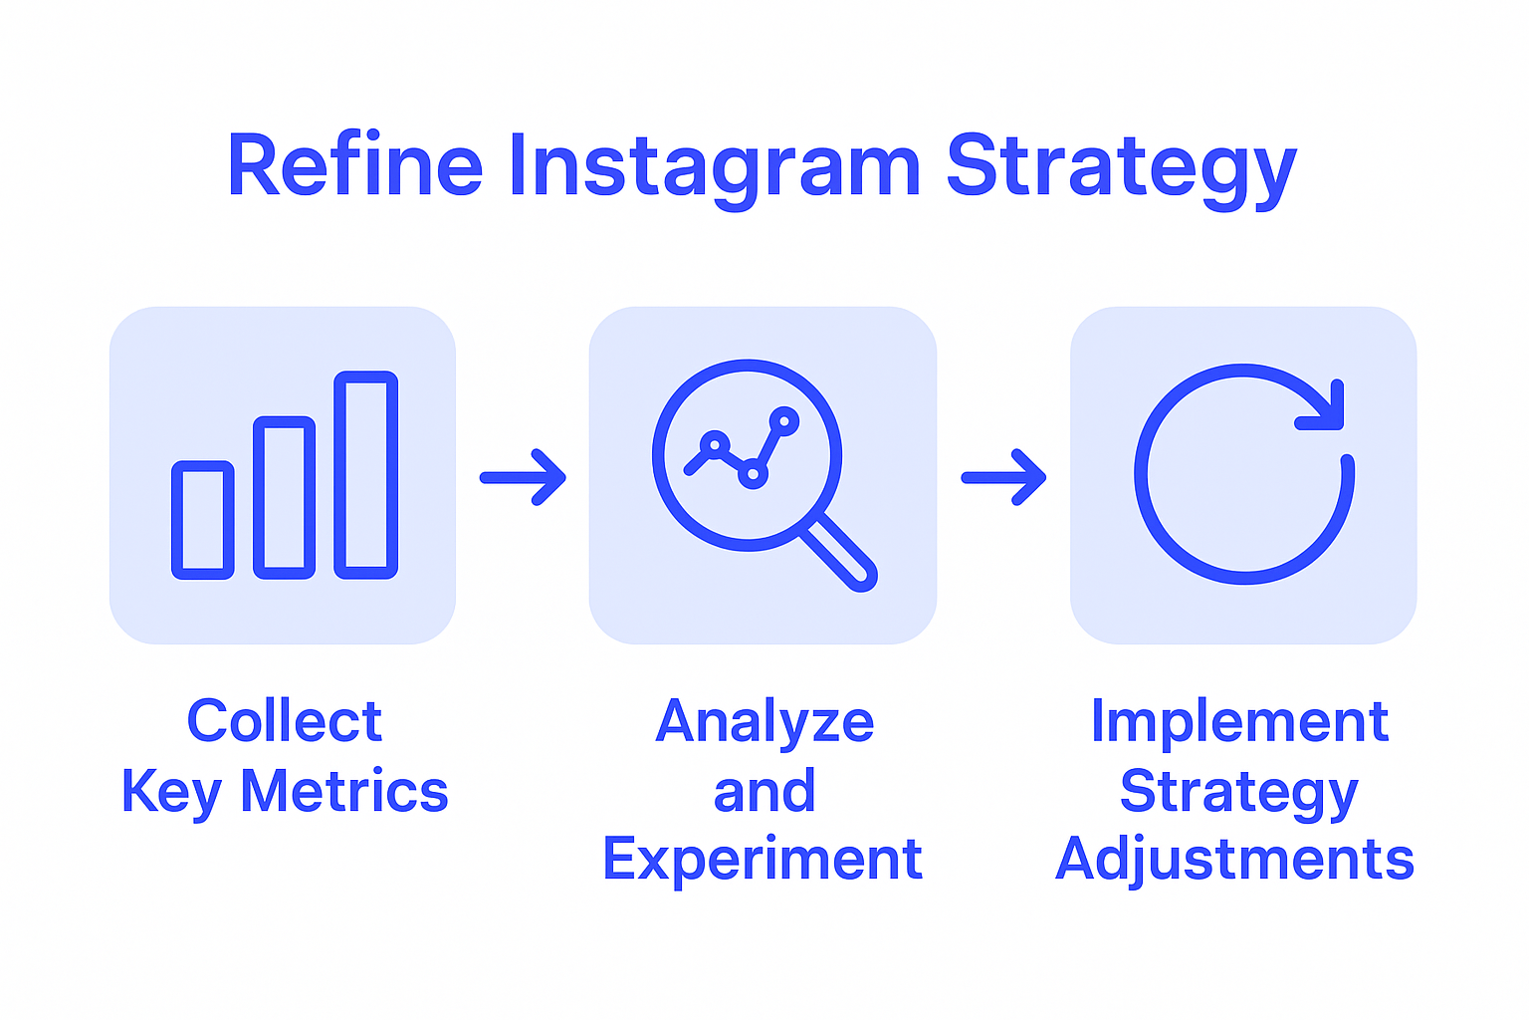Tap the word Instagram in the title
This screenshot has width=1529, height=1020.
pos(714,167)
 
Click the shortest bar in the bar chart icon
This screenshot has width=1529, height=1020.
pos(203,520)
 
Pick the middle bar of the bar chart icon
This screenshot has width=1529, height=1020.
pos(285,497)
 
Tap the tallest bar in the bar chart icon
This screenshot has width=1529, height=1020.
pos(366,475)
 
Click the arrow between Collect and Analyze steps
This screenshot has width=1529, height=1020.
pos(524,478)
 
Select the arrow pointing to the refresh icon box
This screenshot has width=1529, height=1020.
pos(1003,478)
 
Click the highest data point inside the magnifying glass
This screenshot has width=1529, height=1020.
pos(784,421)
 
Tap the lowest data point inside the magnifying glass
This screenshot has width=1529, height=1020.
pos(753,475)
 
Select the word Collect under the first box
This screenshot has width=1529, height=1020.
pos(285,721)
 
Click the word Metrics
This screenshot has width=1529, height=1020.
pos(344,791)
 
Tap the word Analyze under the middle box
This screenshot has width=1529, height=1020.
pos(764,721)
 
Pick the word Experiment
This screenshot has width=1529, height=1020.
pos(763,859)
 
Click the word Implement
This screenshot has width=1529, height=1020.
pos(1239,721)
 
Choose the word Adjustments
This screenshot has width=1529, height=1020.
pos(1234,859)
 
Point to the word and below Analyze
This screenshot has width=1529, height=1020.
pos(764,791)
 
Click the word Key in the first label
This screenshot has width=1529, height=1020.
pos(170,792)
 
